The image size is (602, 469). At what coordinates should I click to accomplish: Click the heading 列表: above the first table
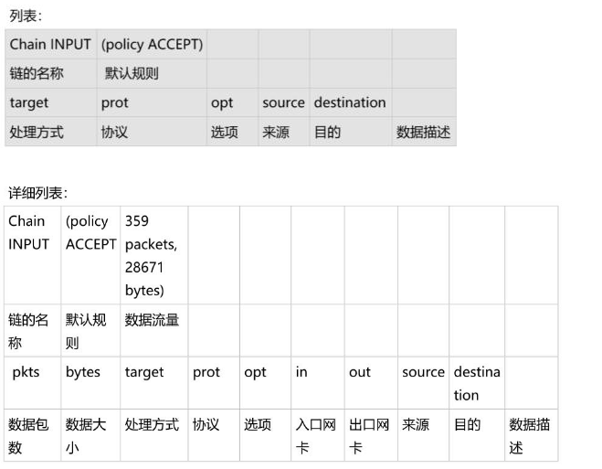[26, 16]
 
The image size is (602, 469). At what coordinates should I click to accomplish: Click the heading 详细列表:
[38, 193]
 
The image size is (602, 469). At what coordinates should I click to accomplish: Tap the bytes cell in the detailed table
[83, 372]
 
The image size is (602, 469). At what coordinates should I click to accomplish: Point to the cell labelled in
[301, 372]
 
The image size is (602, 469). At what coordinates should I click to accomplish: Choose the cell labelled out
[360, 372]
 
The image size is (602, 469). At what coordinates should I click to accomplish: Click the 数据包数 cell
[27, 436]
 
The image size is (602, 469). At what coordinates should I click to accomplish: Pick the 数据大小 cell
[86, 436]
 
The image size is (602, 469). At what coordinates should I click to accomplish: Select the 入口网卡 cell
[316, 436]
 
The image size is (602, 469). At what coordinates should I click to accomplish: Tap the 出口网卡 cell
[369, 436]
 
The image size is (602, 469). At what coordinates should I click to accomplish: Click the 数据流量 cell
[152, 320]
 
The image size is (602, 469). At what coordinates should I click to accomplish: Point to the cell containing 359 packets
[152, 255]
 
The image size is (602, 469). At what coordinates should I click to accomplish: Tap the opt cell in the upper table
[222, 102]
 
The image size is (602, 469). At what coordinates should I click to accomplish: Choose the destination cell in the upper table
[349, 102]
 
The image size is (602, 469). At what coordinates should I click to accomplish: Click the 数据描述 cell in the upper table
[423, 132]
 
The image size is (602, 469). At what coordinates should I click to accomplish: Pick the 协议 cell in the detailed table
[206, 425]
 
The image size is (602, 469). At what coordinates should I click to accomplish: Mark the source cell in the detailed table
[423, 372]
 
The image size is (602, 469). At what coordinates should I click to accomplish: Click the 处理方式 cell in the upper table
[37, 132]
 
